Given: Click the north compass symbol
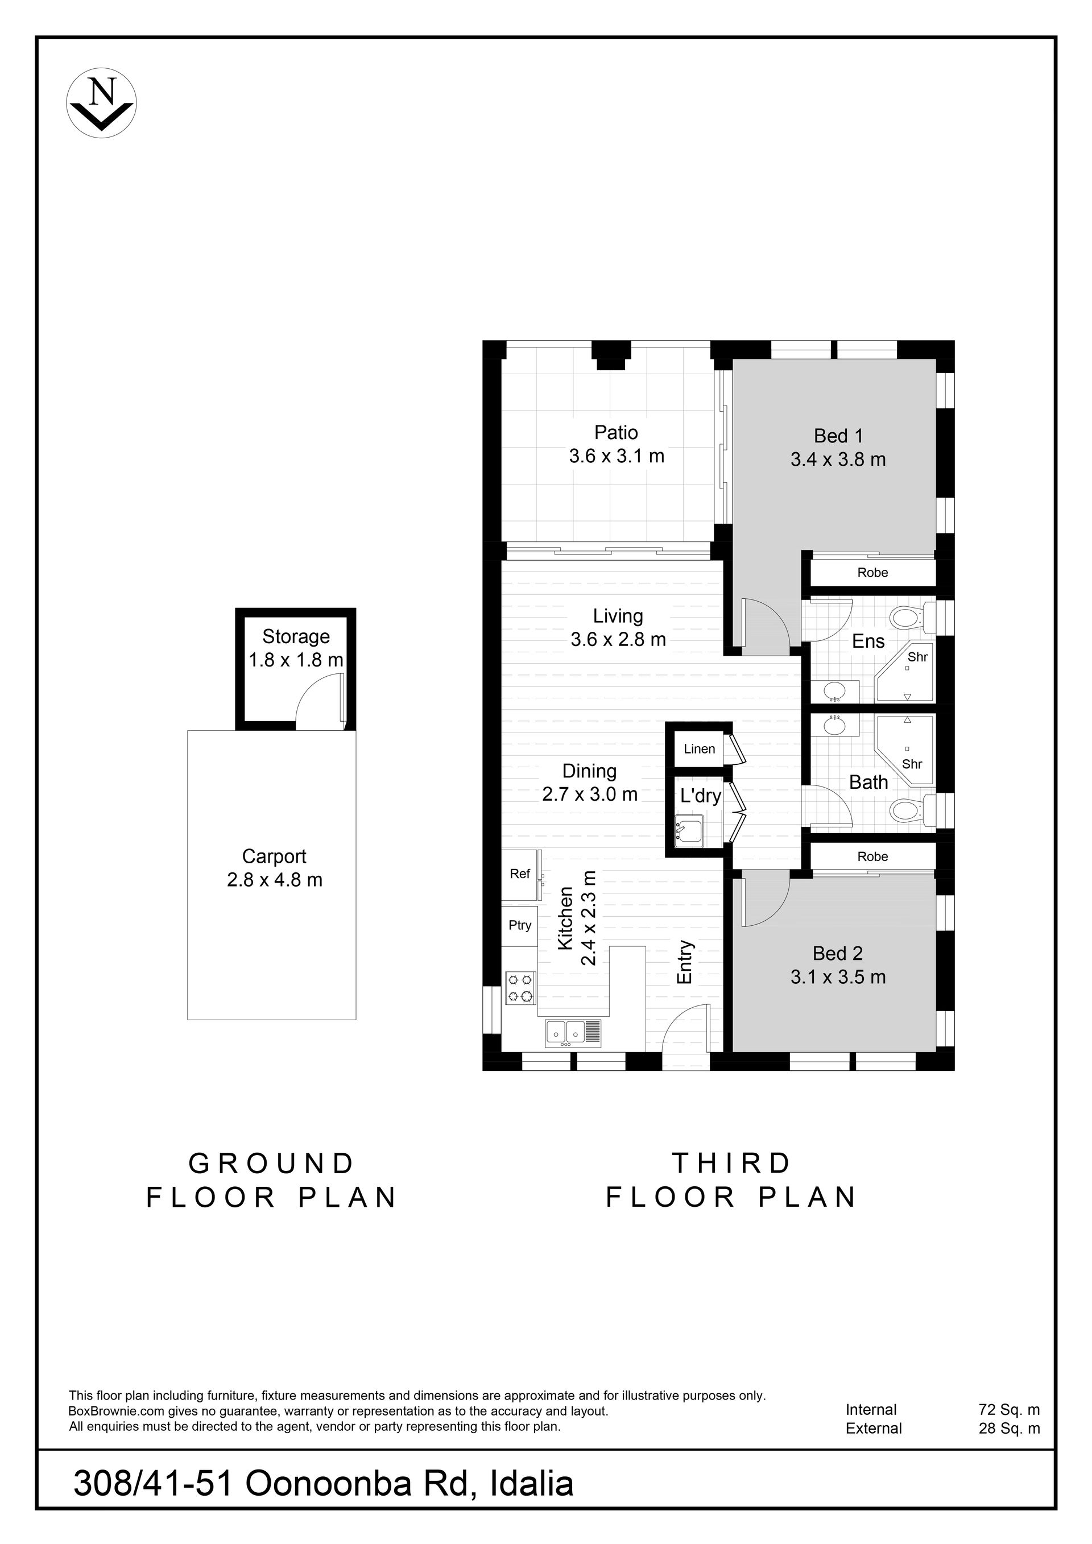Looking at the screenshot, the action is pos(102,103).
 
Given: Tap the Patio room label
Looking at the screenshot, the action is pos(616,432).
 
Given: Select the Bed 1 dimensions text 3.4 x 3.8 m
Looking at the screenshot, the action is pos(838,460).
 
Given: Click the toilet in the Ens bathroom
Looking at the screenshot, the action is pos(912,616).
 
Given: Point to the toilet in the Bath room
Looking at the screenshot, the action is pos(912,810).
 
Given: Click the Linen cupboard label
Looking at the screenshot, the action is pos(700,749).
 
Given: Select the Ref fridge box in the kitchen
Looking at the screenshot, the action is pos(521,875).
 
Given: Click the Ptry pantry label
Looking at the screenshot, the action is pos(520,925).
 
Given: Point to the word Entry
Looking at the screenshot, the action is pos(685,962).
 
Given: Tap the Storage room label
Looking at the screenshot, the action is pos(296,636).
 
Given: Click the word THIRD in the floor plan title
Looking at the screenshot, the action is pos(731,1164).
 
